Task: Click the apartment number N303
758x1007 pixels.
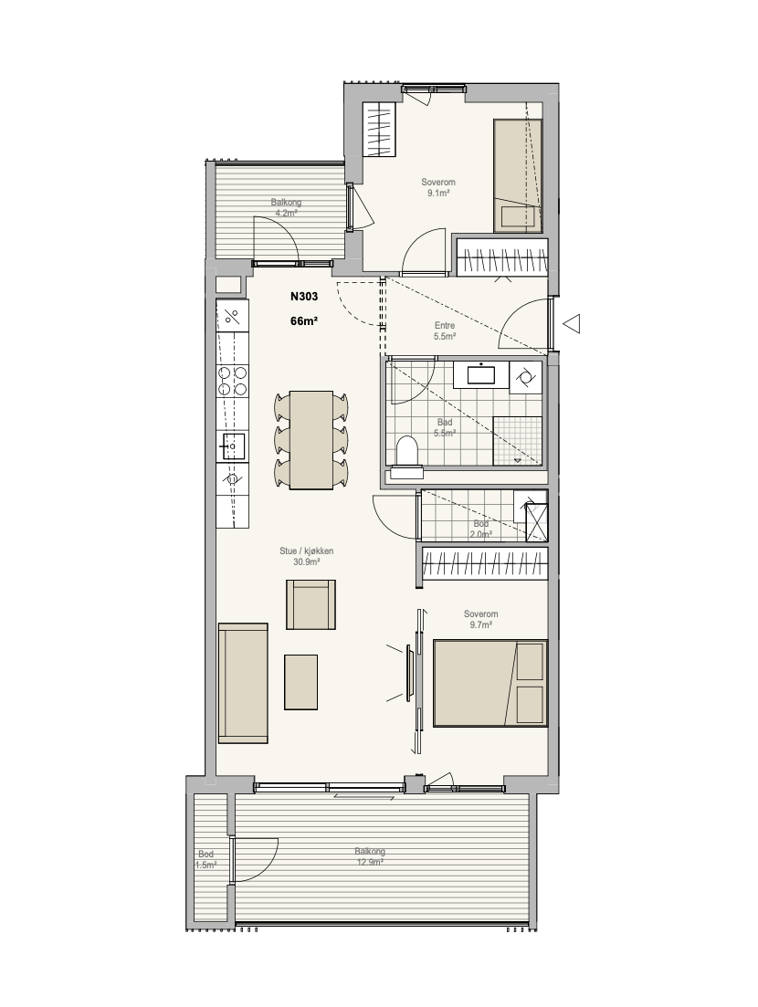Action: [x=304, y=297]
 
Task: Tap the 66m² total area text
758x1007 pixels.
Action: [x=304, y=321]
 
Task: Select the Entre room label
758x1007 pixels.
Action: [x=445, y=326]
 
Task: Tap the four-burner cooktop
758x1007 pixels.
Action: [x=233, y=380]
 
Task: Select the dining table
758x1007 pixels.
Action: [x=311, y=440]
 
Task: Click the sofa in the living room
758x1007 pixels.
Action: [x=243, y=683]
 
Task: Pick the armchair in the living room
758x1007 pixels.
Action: [x=311, y=604]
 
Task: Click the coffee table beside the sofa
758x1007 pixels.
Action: [x=300, y=682]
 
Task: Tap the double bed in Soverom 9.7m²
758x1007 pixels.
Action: [x=490, y=683]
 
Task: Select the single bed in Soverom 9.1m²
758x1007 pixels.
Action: [x=517, y=175]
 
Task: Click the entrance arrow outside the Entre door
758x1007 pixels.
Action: [x=571, y=324]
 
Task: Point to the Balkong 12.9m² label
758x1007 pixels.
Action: [x=370, y=856]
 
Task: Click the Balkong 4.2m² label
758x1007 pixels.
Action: [x=286, y=207]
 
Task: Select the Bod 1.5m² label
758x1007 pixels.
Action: [x=206, y=859]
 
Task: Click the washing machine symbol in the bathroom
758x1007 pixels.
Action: [x=525, y=377]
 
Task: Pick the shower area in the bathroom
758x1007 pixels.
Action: [x=518, y=441]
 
